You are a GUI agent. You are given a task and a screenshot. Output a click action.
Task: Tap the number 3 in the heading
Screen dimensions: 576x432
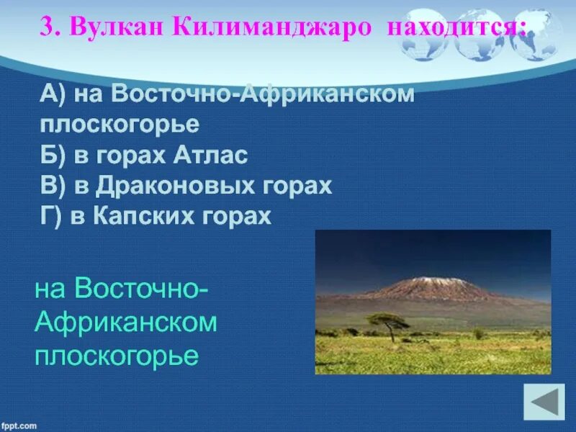[48, 26]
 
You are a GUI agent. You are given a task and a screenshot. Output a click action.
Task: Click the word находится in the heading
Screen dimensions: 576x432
[456, 27]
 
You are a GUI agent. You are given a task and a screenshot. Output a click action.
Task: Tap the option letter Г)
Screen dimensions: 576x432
[50, 216]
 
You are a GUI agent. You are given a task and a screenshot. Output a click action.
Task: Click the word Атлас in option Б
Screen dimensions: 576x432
[210, 155]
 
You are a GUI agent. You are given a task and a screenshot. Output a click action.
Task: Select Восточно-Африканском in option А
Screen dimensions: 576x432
[263, 94]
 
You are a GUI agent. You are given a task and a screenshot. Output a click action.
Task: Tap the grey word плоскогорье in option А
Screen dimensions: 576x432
[120, 125]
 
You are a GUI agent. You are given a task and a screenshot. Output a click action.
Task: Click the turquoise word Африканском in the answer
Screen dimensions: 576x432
[126, 322]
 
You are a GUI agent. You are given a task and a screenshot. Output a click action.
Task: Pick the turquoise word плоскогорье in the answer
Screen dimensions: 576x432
[117, 355]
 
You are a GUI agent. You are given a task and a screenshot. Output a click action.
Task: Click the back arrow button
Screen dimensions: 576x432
[544, 402]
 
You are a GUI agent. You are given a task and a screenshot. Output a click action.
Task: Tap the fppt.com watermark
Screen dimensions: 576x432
[19, 426]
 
